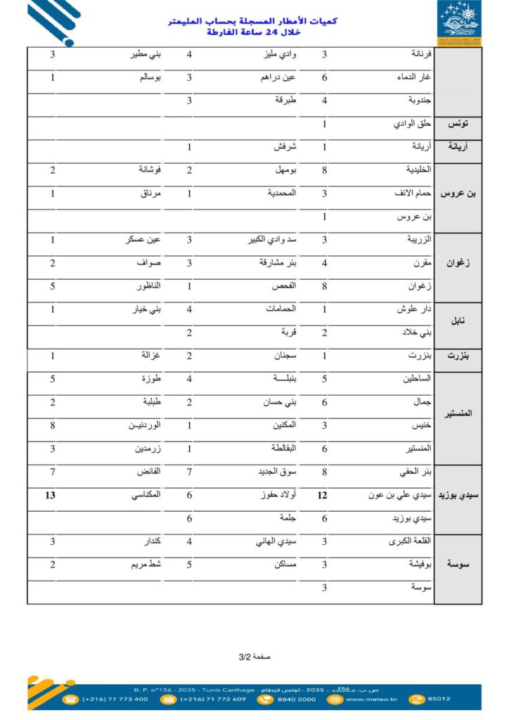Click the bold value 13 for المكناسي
pyautogui.click(x=51, y=495)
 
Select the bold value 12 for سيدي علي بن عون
pyautogui.click(x=323, y=495)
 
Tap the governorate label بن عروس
pyautogui.click(x=458, y=193)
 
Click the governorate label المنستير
pyautogui.click(x=458, y=414)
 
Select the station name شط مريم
pyautogui.click(x=146, y=564)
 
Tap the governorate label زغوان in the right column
pyautogui.click(x=458, y=263)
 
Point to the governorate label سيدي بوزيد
pyautogui.click(x=458, y=496)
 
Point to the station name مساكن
pyautogui.click(x=283, y=564)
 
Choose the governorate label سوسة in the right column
pyautogui.click(x=458, y=565)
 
